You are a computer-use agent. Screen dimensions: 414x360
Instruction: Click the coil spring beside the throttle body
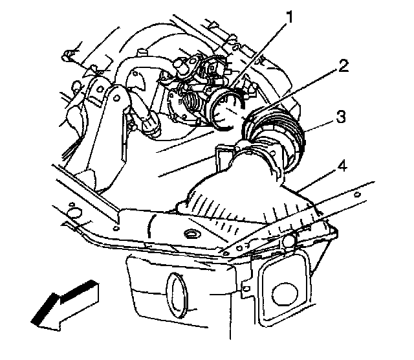tap(193, 105)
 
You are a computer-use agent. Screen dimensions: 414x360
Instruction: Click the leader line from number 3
tap(317, 128)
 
